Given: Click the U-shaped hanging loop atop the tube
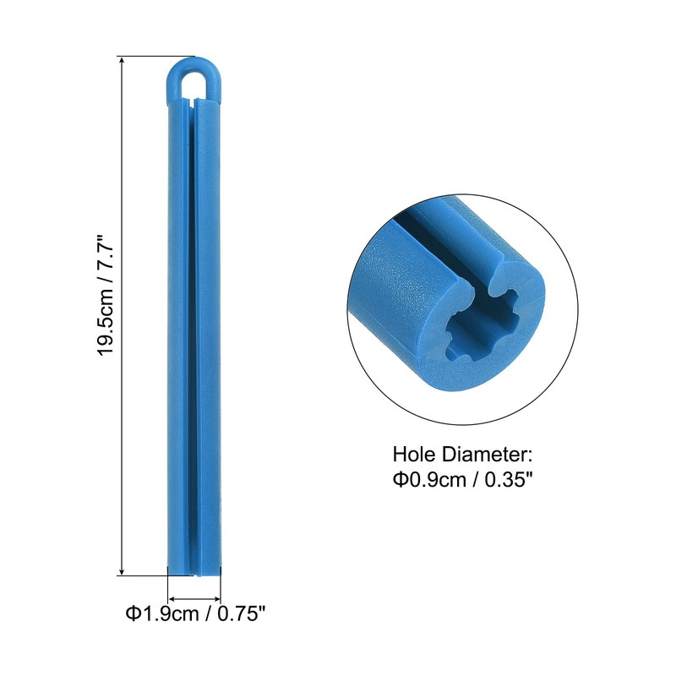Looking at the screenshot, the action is click(194, 65).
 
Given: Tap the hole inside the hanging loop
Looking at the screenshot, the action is click(194, 84).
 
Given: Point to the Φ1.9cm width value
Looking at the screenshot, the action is click(162, 613).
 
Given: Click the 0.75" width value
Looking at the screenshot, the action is click(241, 613).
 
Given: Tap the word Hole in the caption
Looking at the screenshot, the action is click(414, 455).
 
